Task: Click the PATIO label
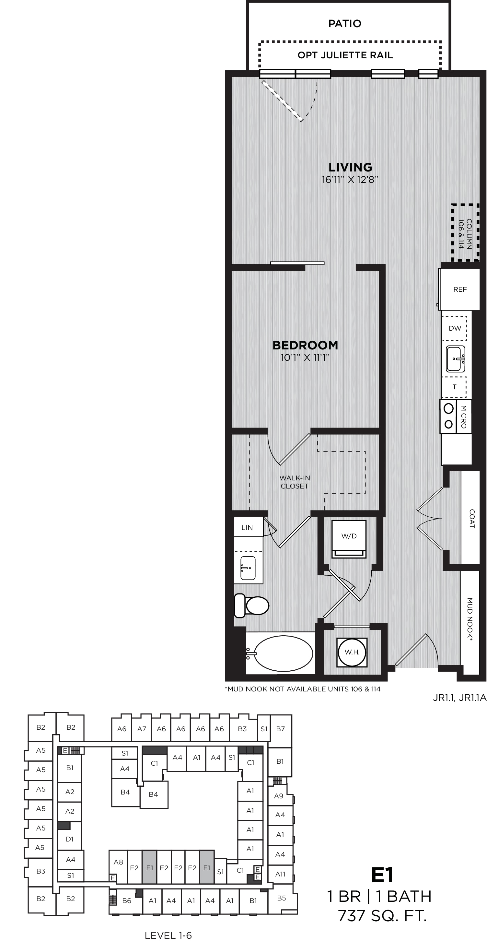pyautogui.click(x=345, y=24)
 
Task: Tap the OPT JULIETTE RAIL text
pyautogui.click(x=345, y=55)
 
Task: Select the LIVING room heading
pyautogui.click(x=350, y=167)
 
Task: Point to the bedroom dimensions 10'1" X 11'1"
pyautogui.click(x=305, y=357)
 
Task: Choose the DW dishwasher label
pyautogui.click(x=455, y=328)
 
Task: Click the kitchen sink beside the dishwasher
pyautogui.click(x=456, y=359)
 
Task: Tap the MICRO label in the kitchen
pyautogui.click(x=464, y=417)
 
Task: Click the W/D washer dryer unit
pyautogui.click(x=349, y=539)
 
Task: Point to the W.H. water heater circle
pyautogui.click(x=352, y=652)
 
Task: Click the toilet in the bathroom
pyautogui.click(x=251, y=606)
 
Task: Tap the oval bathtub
pyautogui.click(x=283, y=653)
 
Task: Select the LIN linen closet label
pyautogui.click(x=247, y=527)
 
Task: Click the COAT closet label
pyautogui.click(x=472, y=519)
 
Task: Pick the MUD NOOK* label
pyautogui.click(x=470, y=619)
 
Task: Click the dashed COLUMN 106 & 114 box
pyautogui.click(x=465, y=233)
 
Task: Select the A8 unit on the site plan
pyautogui.click(x=118, y=862)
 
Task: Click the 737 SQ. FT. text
pyautogui.click(x=382, y=916)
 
